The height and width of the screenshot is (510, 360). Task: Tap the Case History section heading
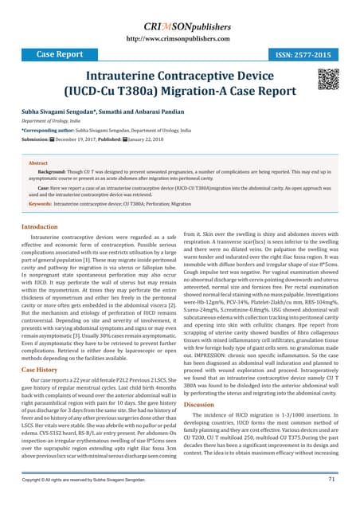pos(39,370)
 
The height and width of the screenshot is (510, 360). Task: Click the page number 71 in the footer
pos(331,481)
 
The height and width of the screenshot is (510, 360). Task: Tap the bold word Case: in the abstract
pos(46,186)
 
